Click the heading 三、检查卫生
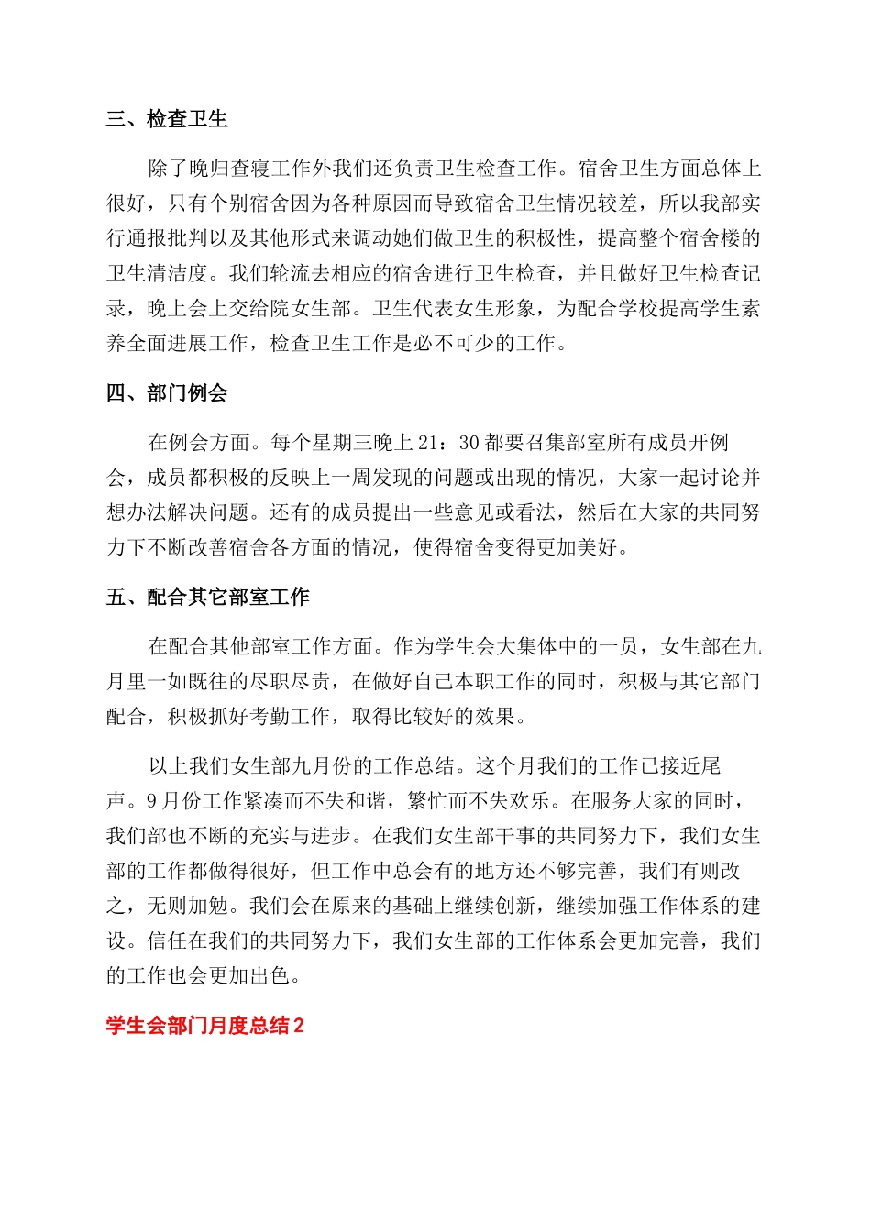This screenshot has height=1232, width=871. (167, 119)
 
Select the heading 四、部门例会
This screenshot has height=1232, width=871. (167, 393)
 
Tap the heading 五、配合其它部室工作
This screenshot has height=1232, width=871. (208, 598)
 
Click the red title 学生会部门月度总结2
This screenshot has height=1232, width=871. (204, 1026)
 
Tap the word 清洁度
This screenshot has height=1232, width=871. (178, 273)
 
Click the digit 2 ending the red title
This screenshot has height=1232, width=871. (298, 1026)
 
